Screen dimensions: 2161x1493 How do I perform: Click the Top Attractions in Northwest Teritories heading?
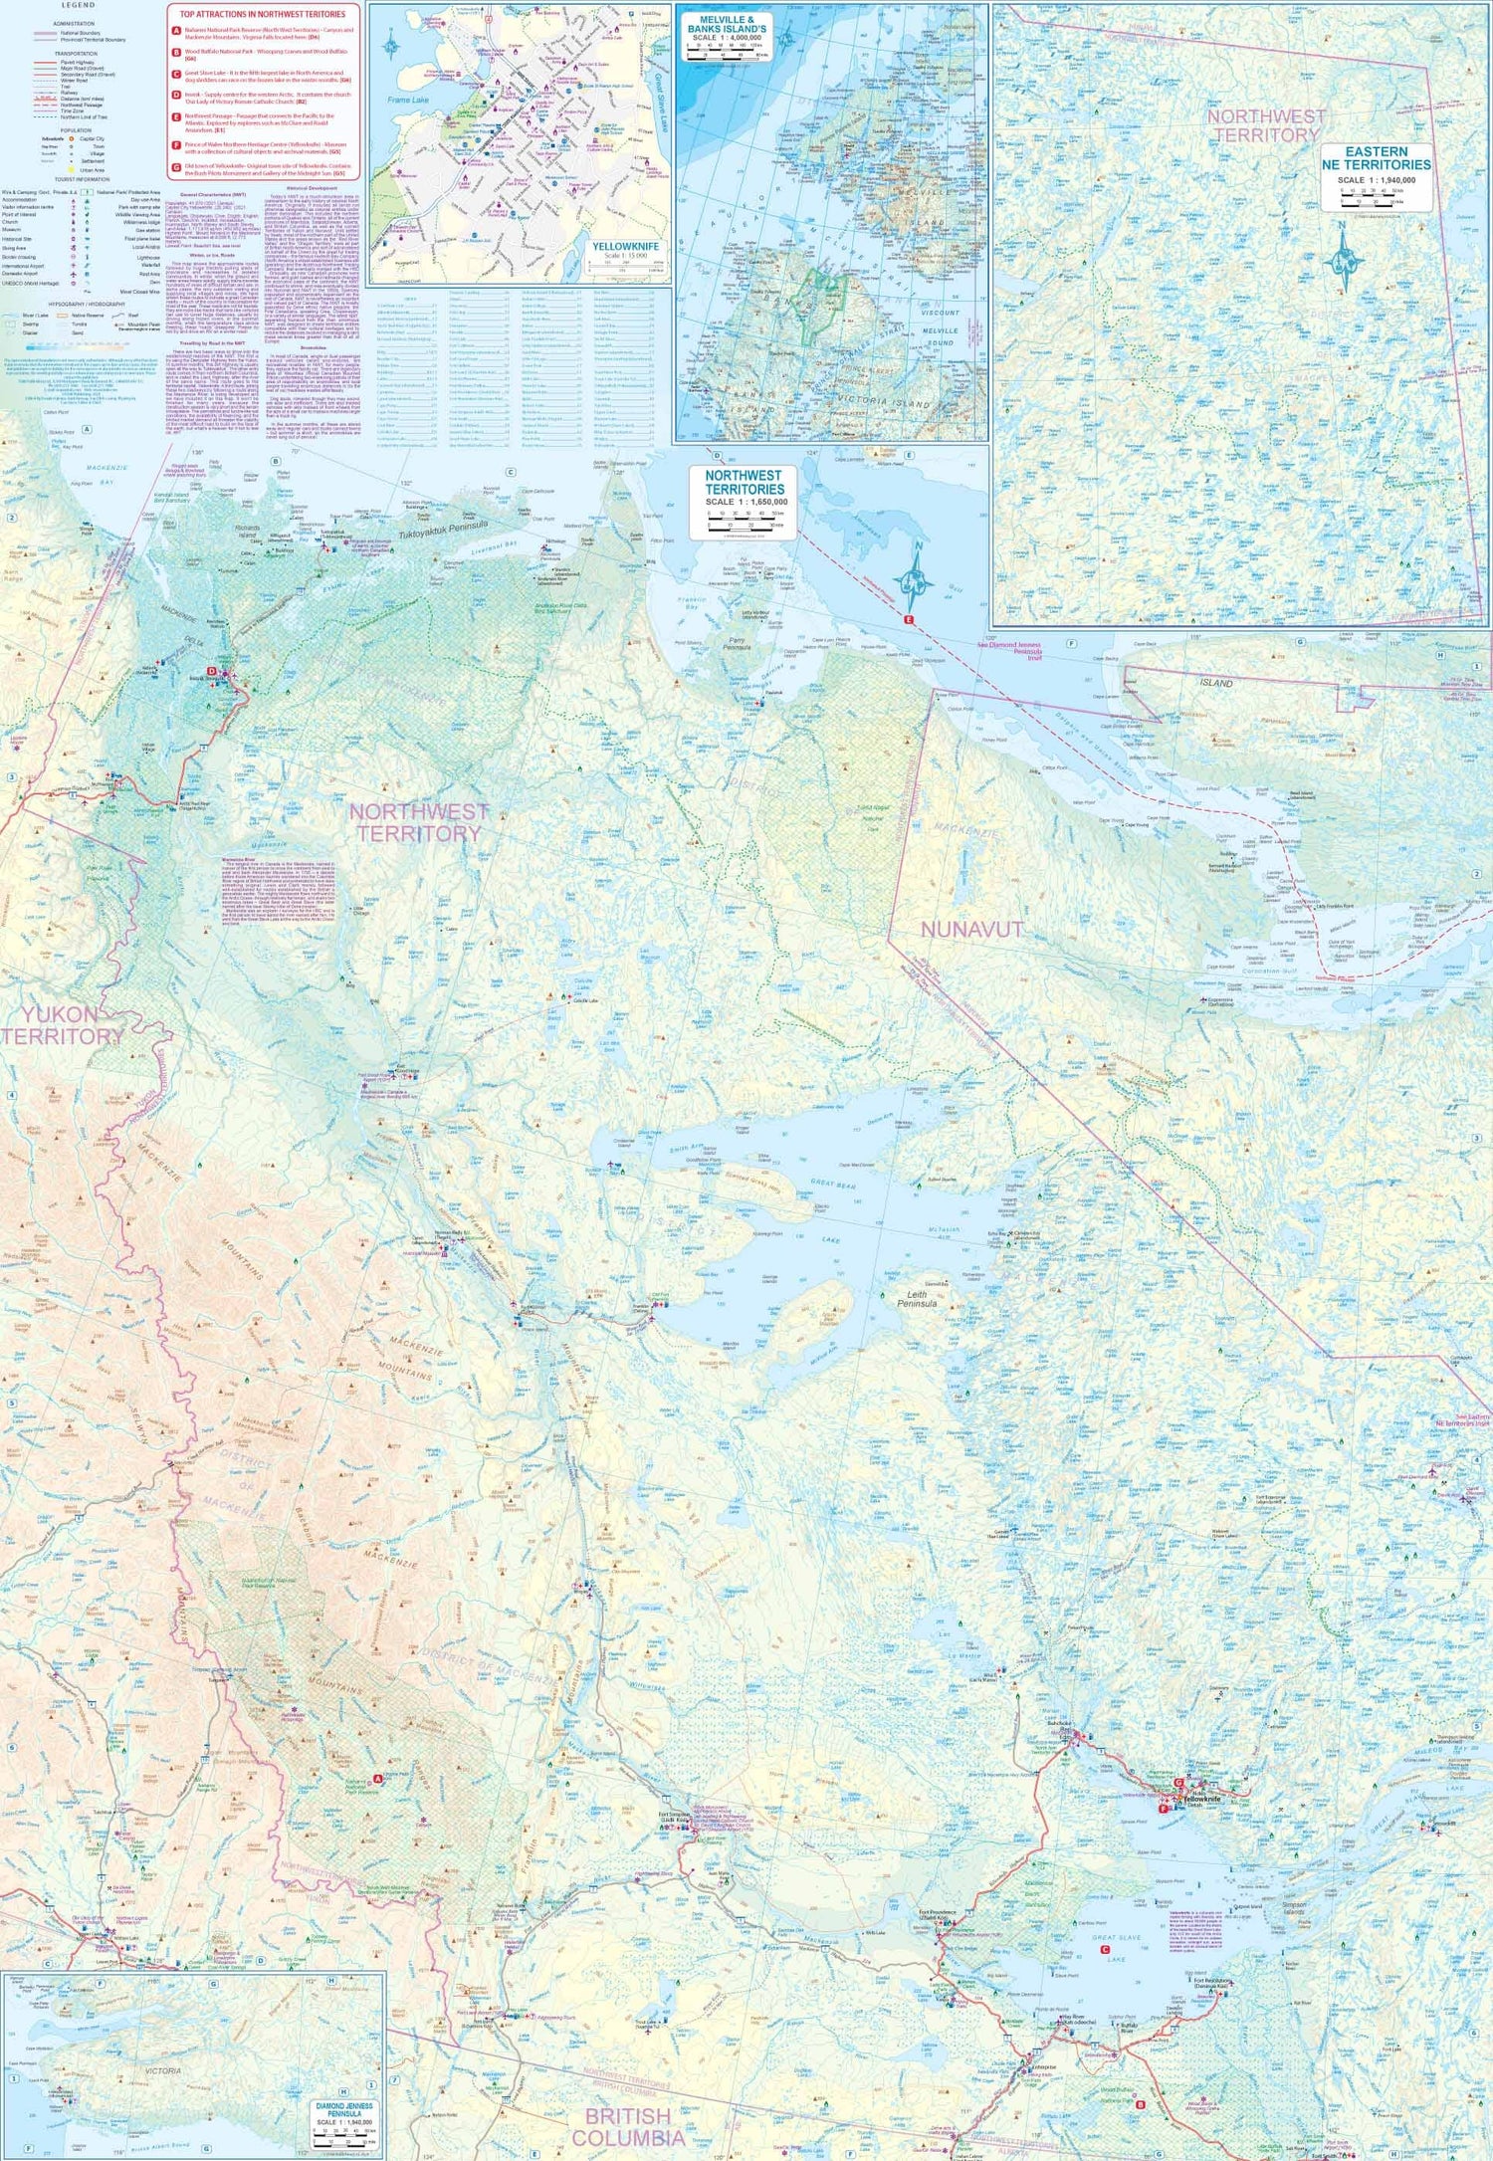pos(263,14)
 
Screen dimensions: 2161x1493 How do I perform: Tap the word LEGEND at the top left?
pos(78,6)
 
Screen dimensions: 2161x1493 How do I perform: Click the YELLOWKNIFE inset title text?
pos(625,246)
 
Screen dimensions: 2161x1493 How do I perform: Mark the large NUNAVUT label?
pos(971,929)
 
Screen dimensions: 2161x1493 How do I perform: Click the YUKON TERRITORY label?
pos(62,1024)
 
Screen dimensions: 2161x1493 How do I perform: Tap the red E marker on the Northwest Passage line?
pos(908,619)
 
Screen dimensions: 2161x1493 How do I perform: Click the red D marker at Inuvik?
pos(212,672)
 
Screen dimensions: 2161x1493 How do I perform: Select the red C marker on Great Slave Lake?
pos(1105,1949)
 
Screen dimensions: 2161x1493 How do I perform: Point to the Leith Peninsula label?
pos(917,1298)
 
